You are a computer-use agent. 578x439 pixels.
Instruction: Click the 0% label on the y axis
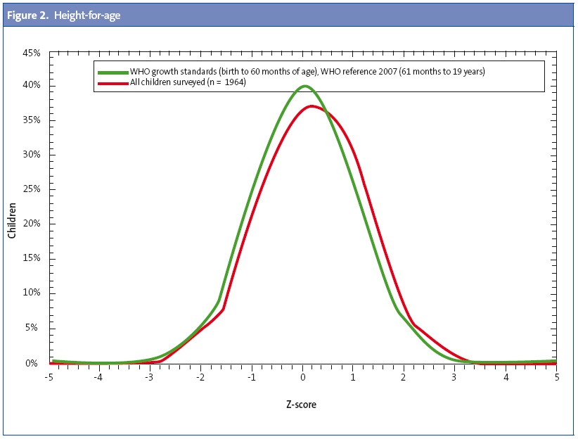click(36, 363)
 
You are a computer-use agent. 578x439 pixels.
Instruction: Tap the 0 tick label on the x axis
click(303, 377)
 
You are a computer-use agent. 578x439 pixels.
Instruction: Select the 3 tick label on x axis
click(455, 377)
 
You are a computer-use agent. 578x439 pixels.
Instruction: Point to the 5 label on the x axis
click(556, 377)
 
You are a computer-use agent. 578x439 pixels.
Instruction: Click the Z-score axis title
click(303, 405)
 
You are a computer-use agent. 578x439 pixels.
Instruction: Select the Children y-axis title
click(12, 219)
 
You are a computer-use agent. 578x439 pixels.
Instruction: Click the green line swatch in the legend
click(112, 72)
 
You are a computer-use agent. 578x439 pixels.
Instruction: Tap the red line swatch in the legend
click(112, 82)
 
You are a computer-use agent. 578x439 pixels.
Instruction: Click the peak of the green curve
click(304, 87)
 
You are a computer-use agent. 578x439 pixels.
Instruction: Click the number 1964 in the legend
click(233, 82)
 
